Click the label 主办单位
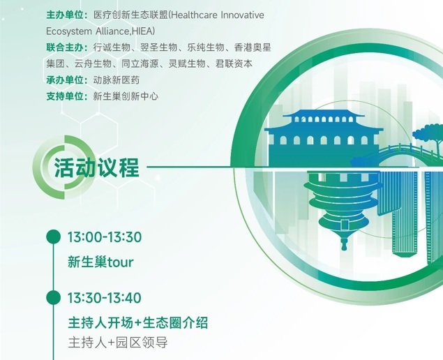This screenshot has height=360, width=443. [65, 15]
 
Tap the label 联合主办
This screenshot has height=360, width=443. [65, 47]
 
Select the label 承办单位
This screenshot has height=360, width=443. [65, 80]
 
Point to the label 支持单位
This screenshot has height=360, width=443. [65, 96]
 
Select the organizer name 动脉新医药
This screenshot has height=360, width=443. [117, 80]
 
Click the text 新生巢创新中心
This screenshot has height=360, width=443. [126, 96]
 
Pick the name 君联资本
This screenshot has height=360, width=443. [234, 63]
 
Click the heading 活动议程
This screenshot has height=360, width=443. [97, 167]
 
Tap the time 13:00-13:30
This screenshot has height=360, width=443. [105, 237]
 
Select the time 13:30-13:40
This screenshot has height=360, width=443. [105, 298]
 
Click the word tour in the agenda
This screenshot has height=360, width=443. [121, 262]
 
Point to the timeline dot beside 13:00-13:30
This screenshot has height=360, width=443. [54, 237]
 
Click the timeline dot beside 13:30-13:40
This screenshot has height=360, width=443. [54, 297]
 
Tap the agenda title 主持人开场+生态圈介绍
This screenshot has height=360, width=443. [138, 323]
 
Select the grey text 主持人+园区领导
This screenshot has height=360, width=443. [118, 343]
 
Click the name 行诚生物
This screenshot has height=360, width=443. [112, 47]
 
